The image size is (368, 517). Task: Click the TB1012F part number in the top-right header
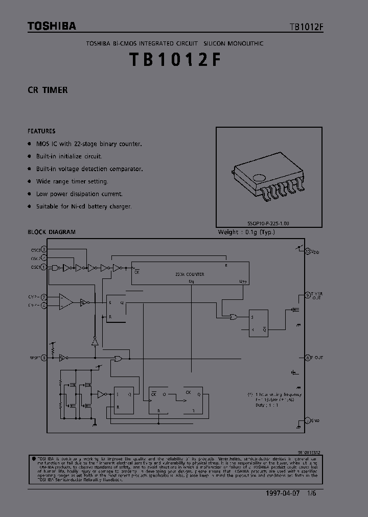click(306, 27)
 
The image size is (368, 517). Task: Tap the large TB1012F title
click(175, 60)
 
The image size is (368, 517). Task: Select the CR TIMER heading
click(48, 90)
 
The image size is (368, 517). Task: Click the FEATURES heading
click(41, 131)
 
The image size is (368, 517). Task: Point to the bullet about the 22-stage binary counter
click(88, 144)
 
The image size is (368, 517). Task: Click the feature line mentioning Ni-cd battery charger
click(84, 206)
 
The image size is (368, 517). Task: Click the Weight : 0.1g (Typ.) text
click(246, 232)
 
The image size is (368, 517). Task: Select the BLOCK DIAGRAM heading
click(52, 232)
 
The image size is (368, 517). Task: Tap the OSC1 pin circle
click(44, 267)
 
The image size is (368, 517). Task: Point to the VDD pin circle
click(307, 252)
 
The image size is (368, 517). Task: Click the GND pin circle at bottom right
click(307, 420)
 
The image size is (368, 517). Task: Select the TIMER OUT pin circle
click(307, 295)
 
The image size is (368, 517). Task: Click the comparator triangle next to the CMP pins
click(65, 301)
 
